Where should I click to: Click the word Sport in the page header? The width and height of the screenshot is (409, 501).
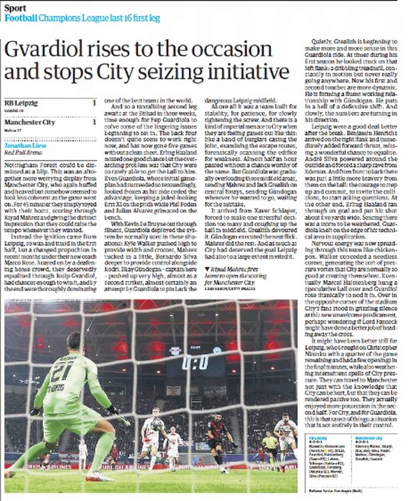tap(15, 8)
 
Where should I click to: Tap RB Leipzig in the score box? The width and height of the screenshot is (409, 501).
tap(21, 103)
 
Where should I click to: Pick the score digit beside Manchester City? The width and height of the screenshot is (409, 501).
tap(94, 122)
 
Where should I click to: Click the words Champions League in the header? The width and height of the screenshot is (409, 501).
tap(73, 18)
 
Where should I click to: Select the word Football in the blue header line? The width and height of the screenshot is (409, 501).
tap(21, 18)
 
